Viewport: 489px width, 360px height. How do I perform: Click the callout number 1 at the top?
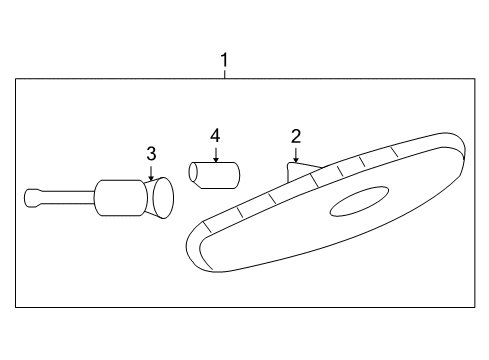coord(224,60)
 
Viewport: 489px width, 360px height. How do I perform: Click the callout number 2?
coord(296,136)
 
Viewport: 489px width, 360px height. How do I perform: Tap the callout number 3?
coord(151,153)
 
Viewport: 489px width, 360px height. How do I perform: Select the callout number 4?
coord(214,134)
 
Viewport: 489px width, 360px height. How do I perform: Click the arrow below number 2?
coord(296,154)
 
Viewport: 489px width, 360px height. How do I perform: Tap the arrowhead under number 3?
coord(151,176)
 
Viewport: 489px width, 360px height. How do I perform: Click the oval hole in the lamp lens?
coord(360,203)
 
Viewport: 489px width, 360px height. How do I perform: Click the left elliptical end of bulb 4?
coord(195,175)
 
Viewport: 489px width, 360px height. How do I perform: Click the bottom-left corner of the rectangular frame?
coord(16,306)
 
